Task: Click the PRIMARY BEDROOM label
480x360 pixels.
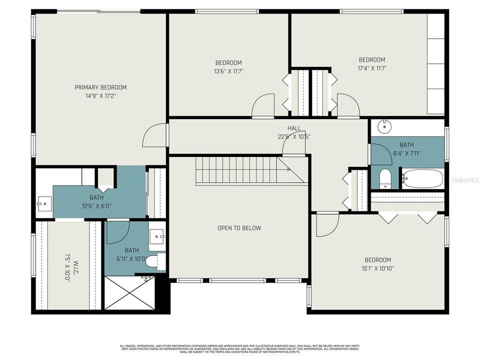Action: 100,87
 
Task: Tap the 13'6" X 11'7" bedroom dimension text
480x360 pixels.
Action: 228,71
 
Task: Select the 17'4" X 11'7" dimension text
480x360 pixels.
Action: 371,68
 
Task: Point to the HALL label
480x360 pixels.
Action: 294,128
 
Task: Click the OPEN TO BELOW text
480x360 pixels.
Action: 239,228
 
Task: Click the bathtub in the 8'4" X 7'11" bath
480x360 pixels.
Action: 422,178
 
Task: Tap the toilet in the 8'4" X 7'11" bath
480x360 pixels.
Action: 384,178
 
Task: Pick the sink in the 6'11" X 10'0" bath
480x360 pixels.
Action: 158,235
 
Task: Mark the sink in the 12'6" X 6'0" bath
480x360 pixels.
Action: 44,203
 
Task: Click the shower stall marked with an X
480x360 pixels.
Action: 130,292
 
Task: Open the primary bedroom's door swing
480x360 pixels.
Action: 155,135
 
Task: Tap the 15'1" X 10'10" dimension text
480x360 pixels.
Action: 377,268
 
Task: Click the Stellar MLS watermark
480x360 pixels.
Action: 464,178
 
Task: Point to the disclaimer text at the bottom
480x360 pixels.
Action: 240,349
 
